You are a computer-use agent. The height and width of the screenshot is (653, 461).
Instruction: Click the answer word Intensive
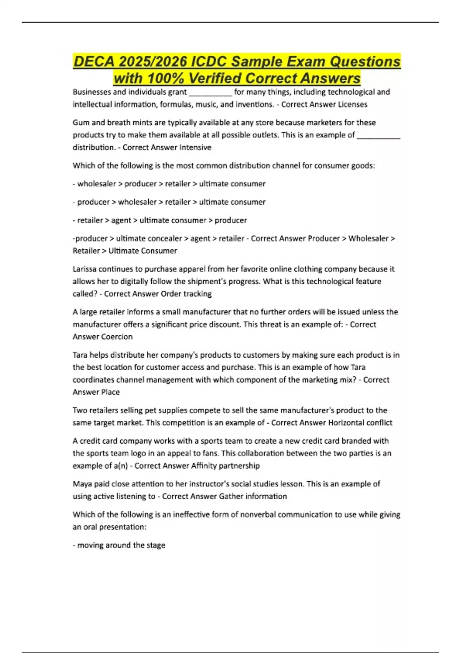[x=195, y=148]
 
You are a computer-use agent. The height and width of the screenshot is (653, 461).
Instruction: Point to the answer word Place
[x=110, y=392]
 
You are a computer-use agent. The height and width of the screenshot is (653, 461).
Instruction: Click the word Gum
[x=81, y=123]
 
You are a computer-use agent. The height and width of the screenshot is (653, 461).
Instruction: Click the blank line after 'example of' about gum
[x=378, y=137]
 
